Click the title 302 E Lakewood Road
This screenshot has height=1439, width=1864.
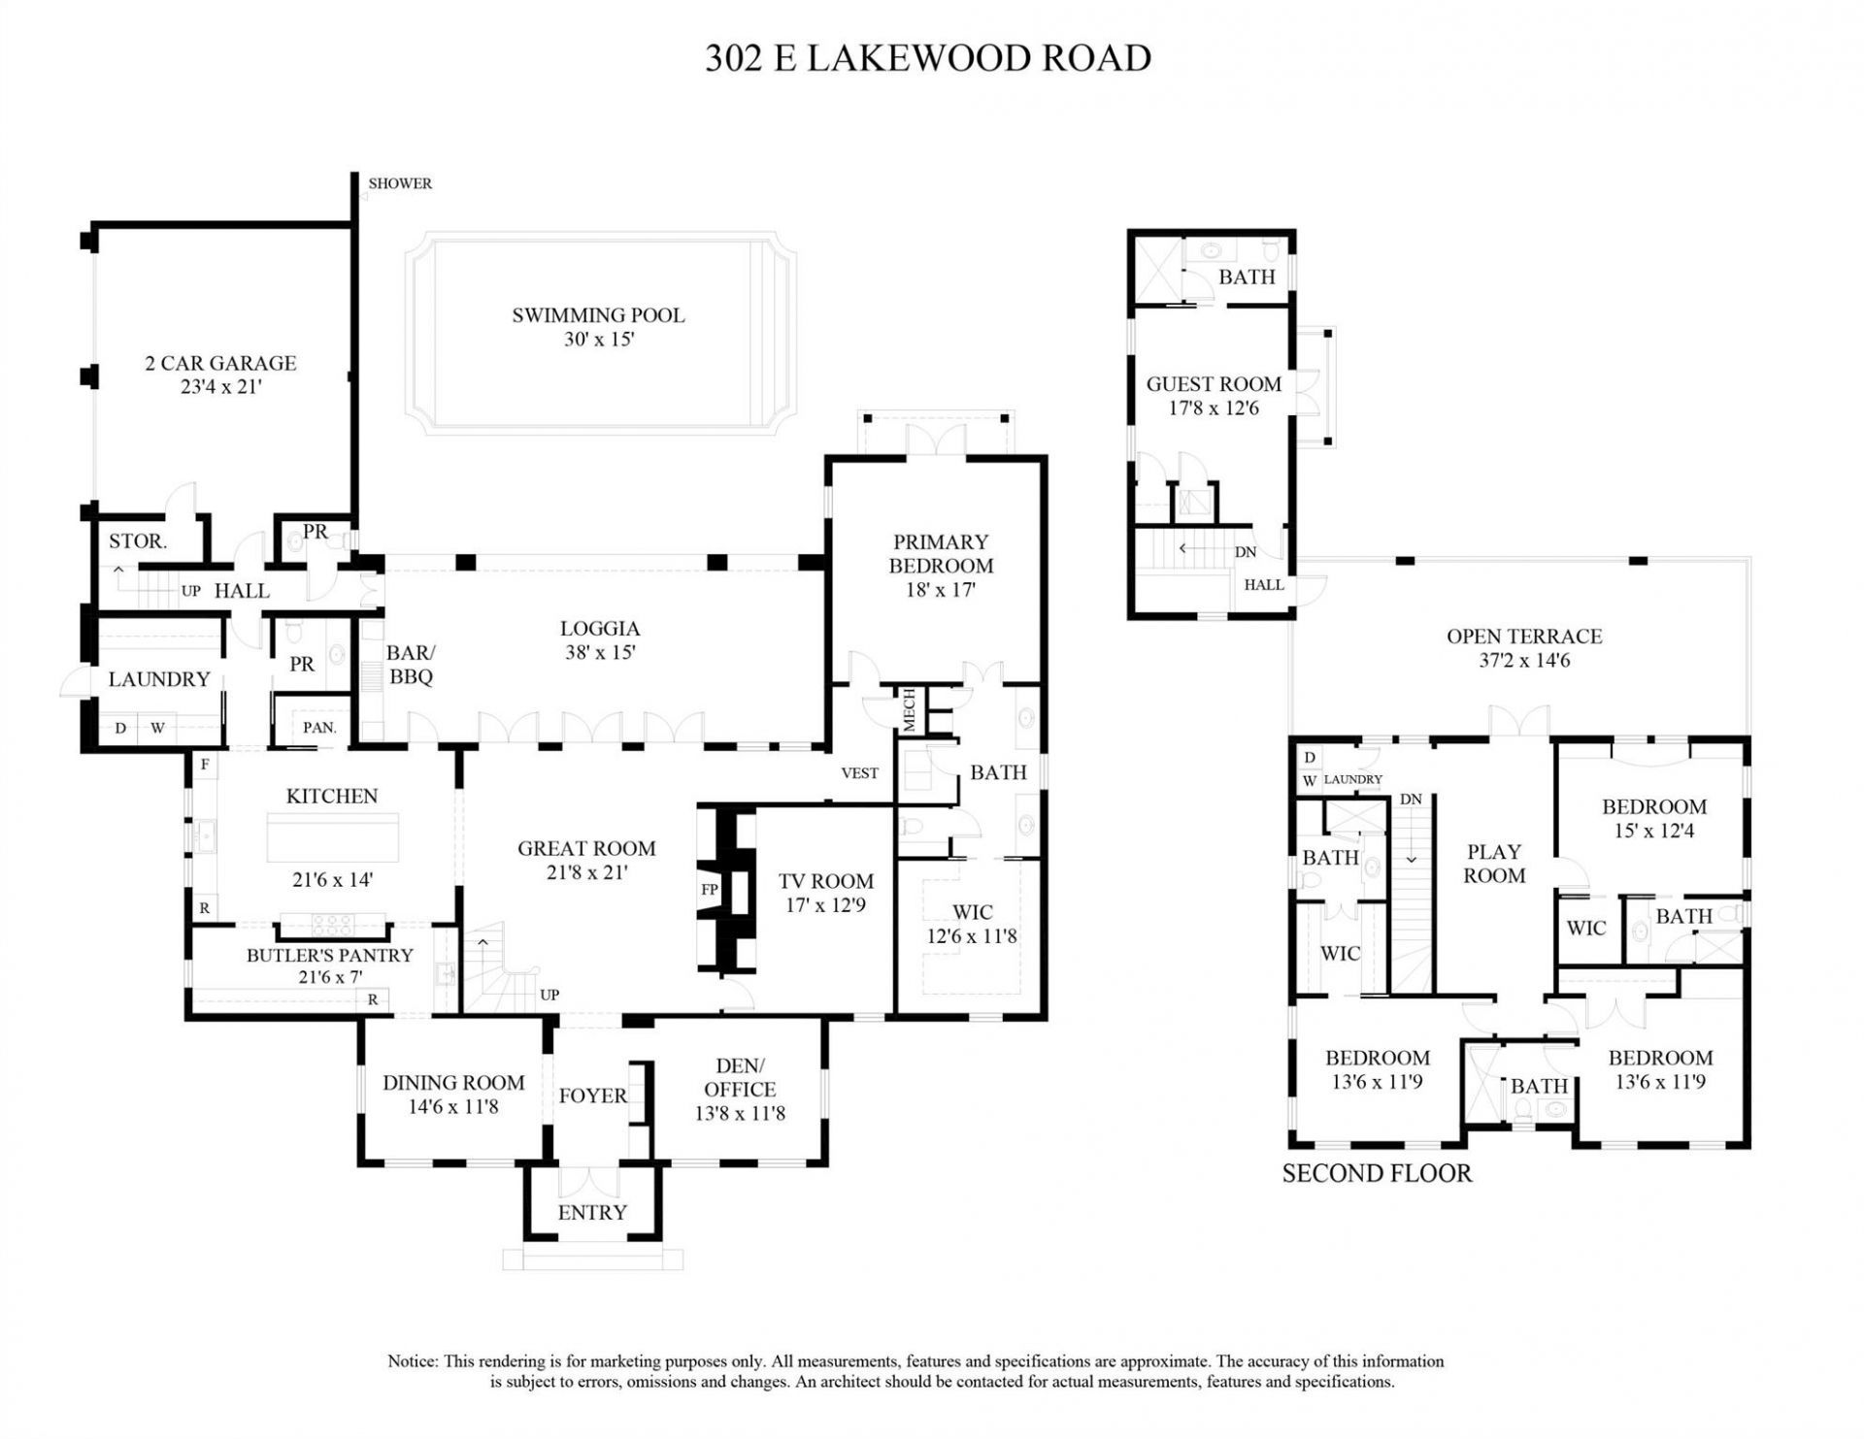pos(928,58)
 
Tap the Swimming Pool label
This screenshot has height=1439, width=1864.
pos(598,315)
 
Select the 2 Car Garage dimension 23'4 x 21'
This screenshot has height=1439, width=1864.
pos(220,387)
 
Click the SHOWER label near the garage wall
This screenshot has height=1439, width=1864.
pos(400,183)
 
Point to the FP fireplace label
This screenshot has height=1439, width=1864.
pos(710,889)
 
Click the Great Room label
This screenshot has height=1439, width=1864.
pos(586,848)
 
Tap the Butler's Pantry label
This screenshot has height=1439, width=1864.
pos(329,955)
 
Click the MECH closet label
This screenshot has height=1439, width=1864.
pos(910,710)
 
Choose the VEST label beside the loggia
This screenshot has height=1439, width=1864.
pos(859,773)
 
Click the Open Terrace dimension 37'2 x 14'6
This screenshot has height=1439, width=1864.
pos(1523,661)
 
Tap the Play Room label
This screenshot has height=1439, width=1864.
pos(1494,864)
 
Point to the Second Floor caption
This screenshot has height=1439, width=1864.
pos(1377,1173)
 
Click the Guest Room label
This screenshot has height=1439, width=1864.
pos(1214,384)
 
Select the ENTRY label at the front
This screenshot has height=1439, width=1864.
pos(592,1212)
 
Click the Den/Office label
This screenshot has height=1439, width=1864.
pos(740,1077)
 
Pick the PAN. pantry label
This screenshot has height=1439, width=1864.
pos(319,727)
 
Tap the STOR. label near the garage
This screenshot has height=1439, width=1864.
pos(137,541)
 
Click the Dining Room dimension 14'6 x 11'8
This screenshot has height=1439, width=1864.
pos(452,1107)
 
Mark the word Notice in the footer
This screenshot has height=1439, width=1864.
pos(412,1361)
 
